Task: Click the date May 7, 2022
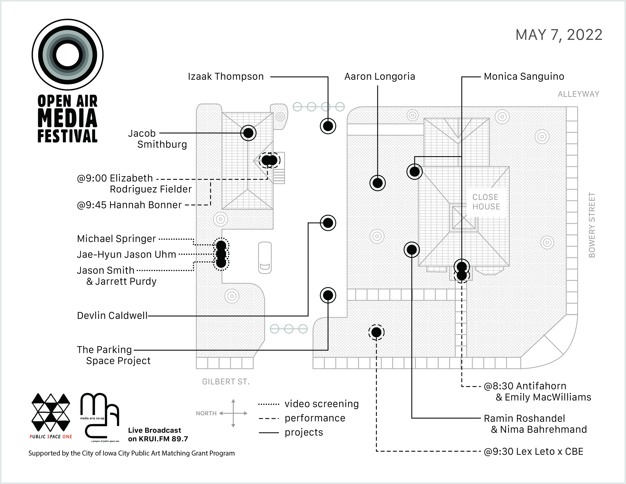pos(559,35)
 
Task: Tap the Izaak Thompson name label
pos(226,77)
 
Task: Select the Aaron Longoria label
pos(380,77)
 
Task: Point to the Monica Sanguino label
pos(524,77)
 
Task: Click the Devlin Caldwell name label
pos(112,316)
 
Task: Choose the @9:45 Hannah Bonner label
pos(129,205)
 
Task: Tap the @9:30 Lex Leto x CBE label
pos(533,452)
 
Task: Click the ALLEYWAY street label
pos(578,94)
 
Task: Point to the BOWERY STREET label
pos(592,225)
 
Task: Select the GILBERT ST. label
pos(226,382)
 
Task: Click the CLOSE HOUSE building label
pos(486,202)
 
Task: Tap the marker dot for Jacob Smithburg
pos(248,133)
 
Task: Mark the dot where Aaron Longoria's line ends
pos(378,183)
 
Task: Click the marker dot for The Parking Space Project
pos(328,295)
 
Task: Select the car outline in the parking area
pos(265,258)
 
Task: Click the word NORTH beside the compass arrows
pos(206,413)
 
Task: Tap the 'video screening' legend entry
pos(321,404)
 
